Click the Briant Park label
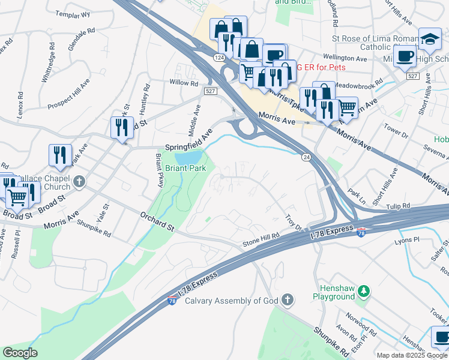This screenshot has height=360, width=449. (x=186, y=169)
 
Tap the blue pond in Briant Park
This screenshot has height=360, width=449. (x=193, y=157)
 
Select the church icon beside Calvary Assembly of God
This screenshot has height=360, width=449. (x=288, y=299)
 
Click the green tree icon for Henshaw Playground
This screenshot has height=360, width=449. (x=363, y=292)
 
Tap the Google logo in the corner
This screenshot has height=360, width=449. (x=20, y=353)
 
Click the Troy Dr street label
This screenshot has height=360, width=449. (x=294, y=223)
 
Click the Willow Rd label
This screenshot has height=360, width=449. (x=184, y=83)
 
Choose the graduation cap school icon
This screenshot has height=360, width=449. (x=430, y=40)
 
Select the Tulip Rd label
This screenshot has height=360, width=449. (x=398, y=205)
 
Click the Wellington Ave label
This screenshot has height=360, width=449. (x=345, y=59)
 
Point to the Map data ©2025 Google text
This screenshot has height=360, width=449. (x=411, y=355)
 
